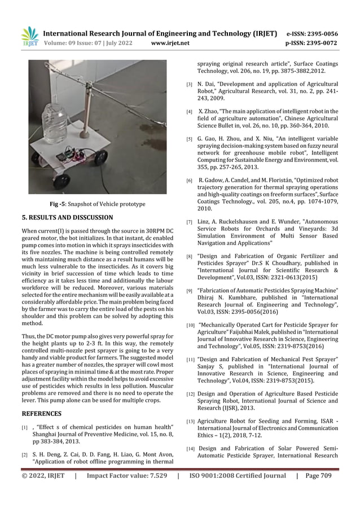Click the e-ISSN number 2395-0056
tap(319, 33)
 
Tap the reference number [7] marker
tap(190, 222)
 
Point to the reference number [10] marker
tap(191, 325)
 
